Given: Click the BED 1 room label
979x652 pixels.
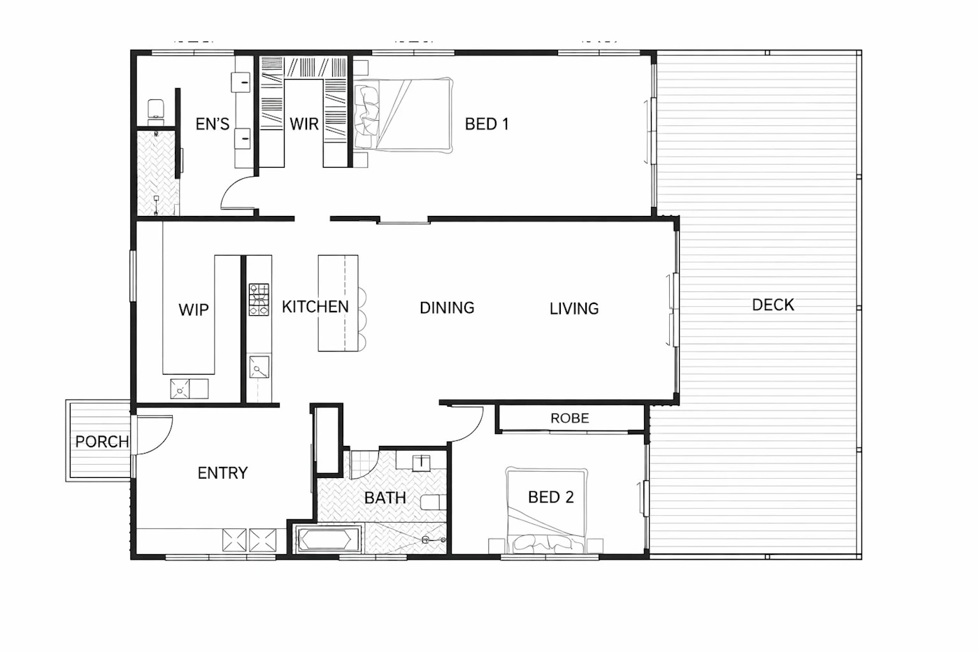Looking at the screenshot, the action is (487, 124).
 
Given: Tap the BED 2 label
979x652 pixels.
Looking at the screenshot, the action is (551, 497).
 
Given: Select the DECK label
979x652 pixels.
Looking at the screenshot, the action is (773, 305).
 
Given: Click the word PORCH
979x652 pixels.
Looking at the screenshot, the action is (102, 442).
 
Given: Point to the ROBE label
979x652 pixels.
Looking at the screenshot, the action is (569, 419).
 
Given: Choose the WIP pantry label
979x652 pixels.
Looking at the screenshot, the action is (193, 310).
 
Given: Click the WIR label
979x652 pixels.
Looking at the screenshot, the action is (303, 124).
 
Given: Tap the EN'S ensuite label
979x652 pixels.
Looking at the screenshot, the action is (213, 124).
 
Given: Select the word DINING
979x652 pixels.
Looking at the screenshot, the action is (447, 308).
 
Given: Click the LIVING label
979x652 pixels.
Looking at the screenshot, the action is (574, 309).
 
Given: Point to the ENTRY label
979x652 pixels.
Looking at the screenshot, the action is (222, 473).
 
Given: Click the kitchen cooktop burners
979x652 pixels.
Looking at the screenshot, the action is (259, 300).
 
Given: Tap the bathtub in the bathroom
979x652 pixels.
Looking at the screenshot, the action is (327, 539).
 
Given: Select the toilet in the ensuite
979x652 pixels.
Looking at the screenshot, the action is (155, 109).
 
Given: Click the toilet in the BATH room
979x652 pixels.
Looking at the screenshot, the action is (434, 502).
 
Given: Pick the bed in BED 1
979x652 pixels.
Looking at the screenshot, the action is (403, 115).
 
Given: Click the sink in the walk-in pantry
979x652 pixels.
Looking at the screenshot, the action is (180, 389).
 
